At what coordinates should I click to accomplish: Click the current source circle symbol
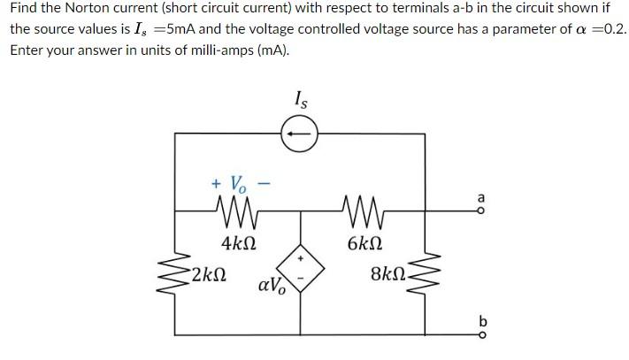[297, 134]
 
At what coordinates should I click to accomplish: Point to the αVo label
[270, 287]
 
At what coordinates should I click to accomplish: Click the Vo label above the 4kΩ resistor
[239, 185]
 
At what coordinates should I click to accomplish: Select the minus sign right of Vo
[263, 184]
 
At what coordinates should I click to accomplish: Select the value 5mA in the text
[184, 29]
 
